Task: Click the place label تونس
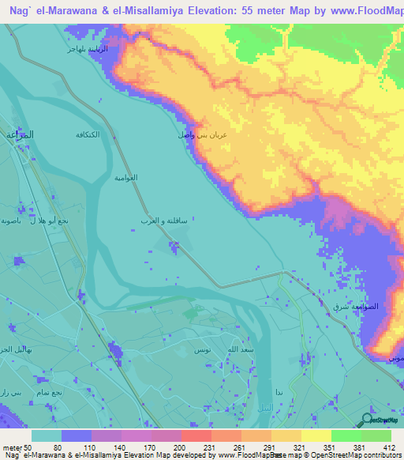click(202, 349)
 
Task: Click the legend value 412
click(389, 447)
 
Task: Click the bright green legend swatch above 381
click(346, 435)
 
